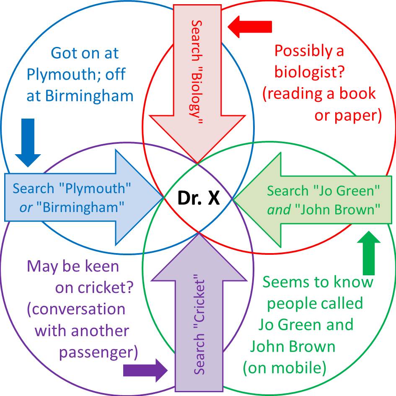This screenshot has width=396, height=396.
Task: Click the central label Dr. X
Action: (x=198, y=198)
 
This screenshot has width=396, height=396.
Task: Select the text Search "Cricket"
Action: (x=199, y=325)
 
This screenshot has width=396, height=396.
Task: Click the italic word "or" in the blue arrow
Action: (x=26, y=207)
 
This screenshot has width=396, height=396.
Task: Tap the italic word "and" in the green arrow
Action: (x=279, y=209)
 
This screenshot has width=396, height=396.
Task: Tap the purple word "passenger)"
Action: (x=98, y=352)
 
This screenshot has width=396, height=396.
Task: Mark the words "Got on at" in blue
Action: (x=85, y=53)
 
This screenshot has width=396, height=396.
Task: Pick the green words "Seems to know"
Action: (x=318, y=282)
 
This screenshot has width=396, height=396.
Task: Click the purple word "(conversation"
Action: (x=76, y=309)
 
